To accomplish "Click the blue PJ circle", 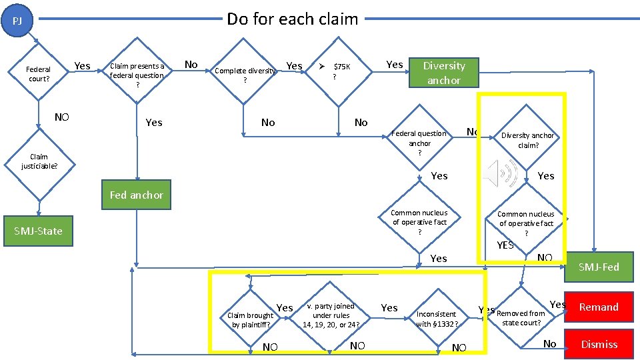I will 17,21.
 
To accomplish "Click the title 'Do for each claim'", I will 292,19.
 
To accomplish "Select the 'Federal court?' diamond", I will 38,74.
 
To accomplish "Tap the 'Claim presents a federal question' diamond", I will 137,75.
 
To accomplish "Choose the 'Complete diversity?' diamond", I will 245,75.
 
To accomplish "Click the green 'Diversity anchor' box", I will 443,73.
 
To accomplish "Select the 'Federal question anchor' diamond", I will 419,143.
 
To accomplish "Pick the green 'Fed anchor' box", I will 136,195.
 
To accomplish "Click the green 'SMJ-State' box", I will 38,231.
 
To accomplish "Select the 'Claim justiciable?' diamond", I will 38,161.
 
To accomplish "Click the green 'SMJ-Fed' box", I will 598,267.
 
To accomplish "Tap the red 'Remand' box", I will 598,307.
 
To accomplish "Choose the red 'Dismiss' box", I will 598,344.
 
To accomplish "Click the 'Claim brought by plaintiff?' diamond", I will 251,319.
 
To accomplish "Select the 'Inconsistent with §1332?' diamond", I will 437,318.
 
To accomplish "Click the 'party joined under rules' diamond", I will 331,315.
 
